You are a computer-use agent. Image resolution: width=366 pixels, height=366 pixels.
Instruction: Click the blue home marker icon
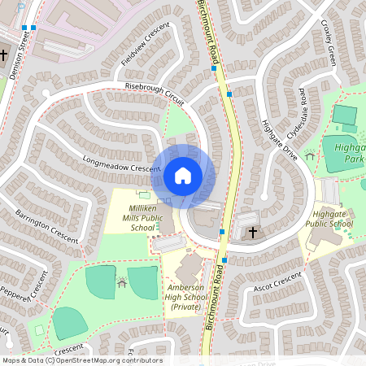(182, 175)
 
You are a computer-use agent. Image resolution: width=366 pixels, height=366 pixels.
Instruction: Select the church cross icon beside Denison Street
(5, 55)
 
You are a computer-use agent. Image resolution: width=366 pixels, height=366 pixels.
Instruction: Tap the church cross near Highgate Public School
(253, 233)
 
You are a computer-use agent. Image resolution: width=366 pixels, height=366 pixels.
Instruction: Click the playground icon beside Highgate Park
(310, 155)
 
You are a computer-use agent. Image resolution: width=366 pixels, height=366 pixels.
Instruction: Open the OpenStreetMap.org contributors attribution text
(117, 359)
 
